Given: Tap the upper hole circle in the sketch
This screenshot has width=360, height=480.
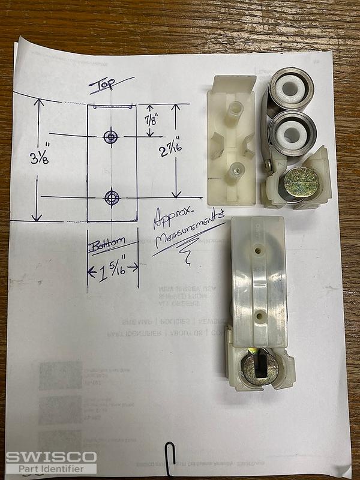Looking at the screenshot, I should (x=111, y=137).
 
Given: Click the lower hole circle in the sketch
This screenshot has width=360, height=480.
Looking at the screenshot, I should (x=112, y=196).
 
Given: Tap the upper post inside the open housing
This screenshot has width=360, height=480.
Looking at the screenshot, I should (x=235, y=110).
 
